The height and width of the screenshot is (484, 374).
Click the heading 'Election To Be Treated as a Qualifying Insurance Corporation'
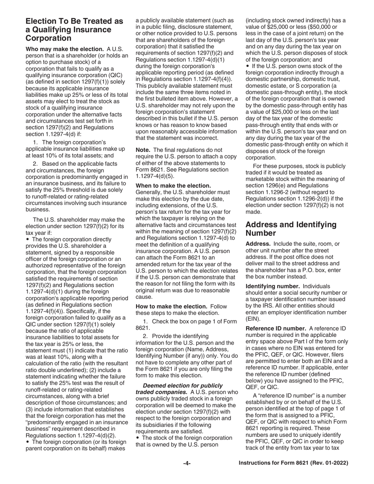click(74, 30)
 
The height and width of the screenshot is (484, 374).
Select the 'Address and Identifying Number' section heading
click(291, 229)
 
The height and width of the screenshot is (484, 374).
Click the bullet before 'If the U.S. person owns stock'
click(247, 66)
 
